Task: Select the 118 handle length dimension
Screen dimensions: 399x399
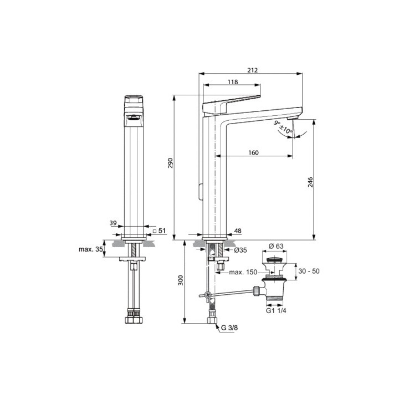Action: (232, 81)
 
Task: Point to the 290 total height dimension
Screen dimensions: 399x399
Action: (171, 163)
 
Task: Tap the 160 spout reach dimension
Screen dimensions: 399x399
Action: (253, 153)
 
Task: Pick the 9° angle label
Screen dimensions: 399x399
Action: (277, 122)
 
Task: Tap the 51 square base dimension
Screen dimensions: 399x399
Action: (160, 230)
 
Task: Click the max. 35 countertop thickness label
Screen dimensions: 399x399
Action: (91, 249)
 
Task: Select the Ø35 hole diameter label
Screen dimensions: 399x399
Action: (240, 250)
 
